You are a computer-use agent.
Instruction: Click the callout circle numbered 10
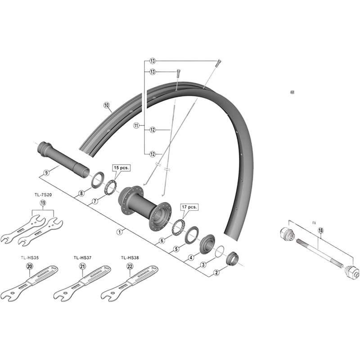(107, 106)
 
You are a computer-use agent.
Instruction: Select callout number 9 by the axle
(45, 172)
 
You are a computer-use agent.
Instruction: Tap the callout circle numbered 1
(120, 232)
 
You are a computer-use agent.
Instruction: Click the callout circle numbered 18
(320, 230)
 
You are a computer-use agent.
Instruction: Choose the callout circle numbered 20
(30, 267)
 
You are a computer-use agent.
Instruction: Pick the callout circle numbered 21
(82, 267)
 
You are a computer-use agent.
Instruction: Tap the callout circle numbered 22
(130, 267)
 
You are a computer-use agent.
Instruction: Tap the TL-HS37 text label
(82, 258)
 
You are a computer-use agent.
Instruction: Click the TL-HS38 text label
(130, 258)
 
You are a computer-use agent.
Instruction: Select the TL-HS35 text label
(30, 258)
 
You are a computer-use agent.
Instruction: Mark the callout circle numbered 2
(217, 272)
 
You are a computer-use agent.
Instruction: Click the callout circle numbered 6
(162, 241)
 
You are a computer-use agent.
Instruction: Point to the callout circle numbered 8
(81, 194)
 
